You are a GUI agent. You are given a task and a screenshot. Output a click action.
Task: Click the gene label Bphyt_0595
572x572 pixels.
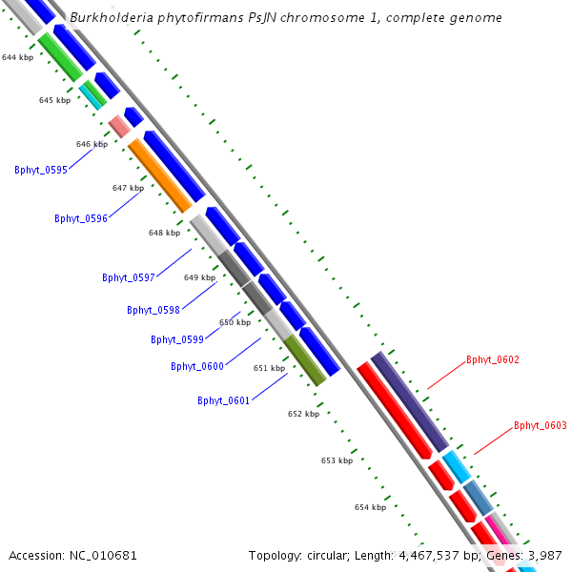coord(41,170)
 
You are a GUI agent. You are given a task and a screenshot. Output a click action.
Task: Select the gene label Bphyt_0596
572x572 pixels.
coord(81,218)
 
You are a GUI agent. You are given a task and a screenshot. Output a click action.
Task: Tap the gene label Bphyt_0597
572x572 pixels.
coord(129,277)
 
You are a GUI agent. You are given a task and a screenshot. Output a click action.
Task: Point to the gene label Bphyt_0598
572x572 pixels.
coord(153,310)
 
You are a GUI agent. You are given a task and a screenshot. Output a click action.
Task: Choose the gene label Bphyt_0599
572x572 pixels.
coord(177,339)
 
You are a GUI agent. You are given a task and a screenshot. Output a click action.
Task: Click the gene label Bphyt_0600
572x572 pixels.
coord(197,366)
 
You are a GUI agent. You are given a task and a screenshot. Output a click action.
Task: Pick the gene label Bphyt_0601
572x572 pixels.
coord(224,400)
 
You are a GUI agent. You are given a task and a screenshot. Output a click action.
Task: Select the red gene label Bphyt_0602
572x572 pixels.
coord(493,359)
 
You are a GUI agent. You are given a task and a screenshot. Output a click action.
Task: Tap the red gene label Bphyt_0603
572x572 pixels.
coord(541,425)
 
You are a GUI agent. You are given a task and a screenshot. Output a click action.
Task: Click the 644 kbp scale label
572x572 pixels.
coord(17,58)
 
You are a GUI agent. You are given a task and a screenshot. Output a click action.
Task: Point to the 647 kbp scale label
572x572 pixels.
coord(128,188)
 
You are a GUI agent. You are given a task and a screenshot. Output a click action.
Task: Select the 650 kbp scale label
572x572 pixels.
coord(235,322)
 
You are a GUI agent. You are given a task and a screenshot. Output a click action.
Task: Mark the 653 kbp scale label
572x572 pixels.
coord(337,460)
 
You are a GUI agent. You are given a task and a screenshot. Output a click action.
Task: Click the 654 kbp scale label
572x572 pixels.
coord(370,507)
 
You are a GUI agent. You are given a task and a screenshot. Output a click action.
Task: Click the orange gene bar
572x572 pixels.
coord(160,175)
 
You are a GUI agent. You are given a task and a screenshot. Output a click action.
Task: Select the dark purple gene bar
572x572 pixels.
coord(410,401)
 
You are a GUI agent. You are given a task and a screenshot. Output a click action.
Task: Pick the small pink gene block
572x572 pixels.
coord(119,125)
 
